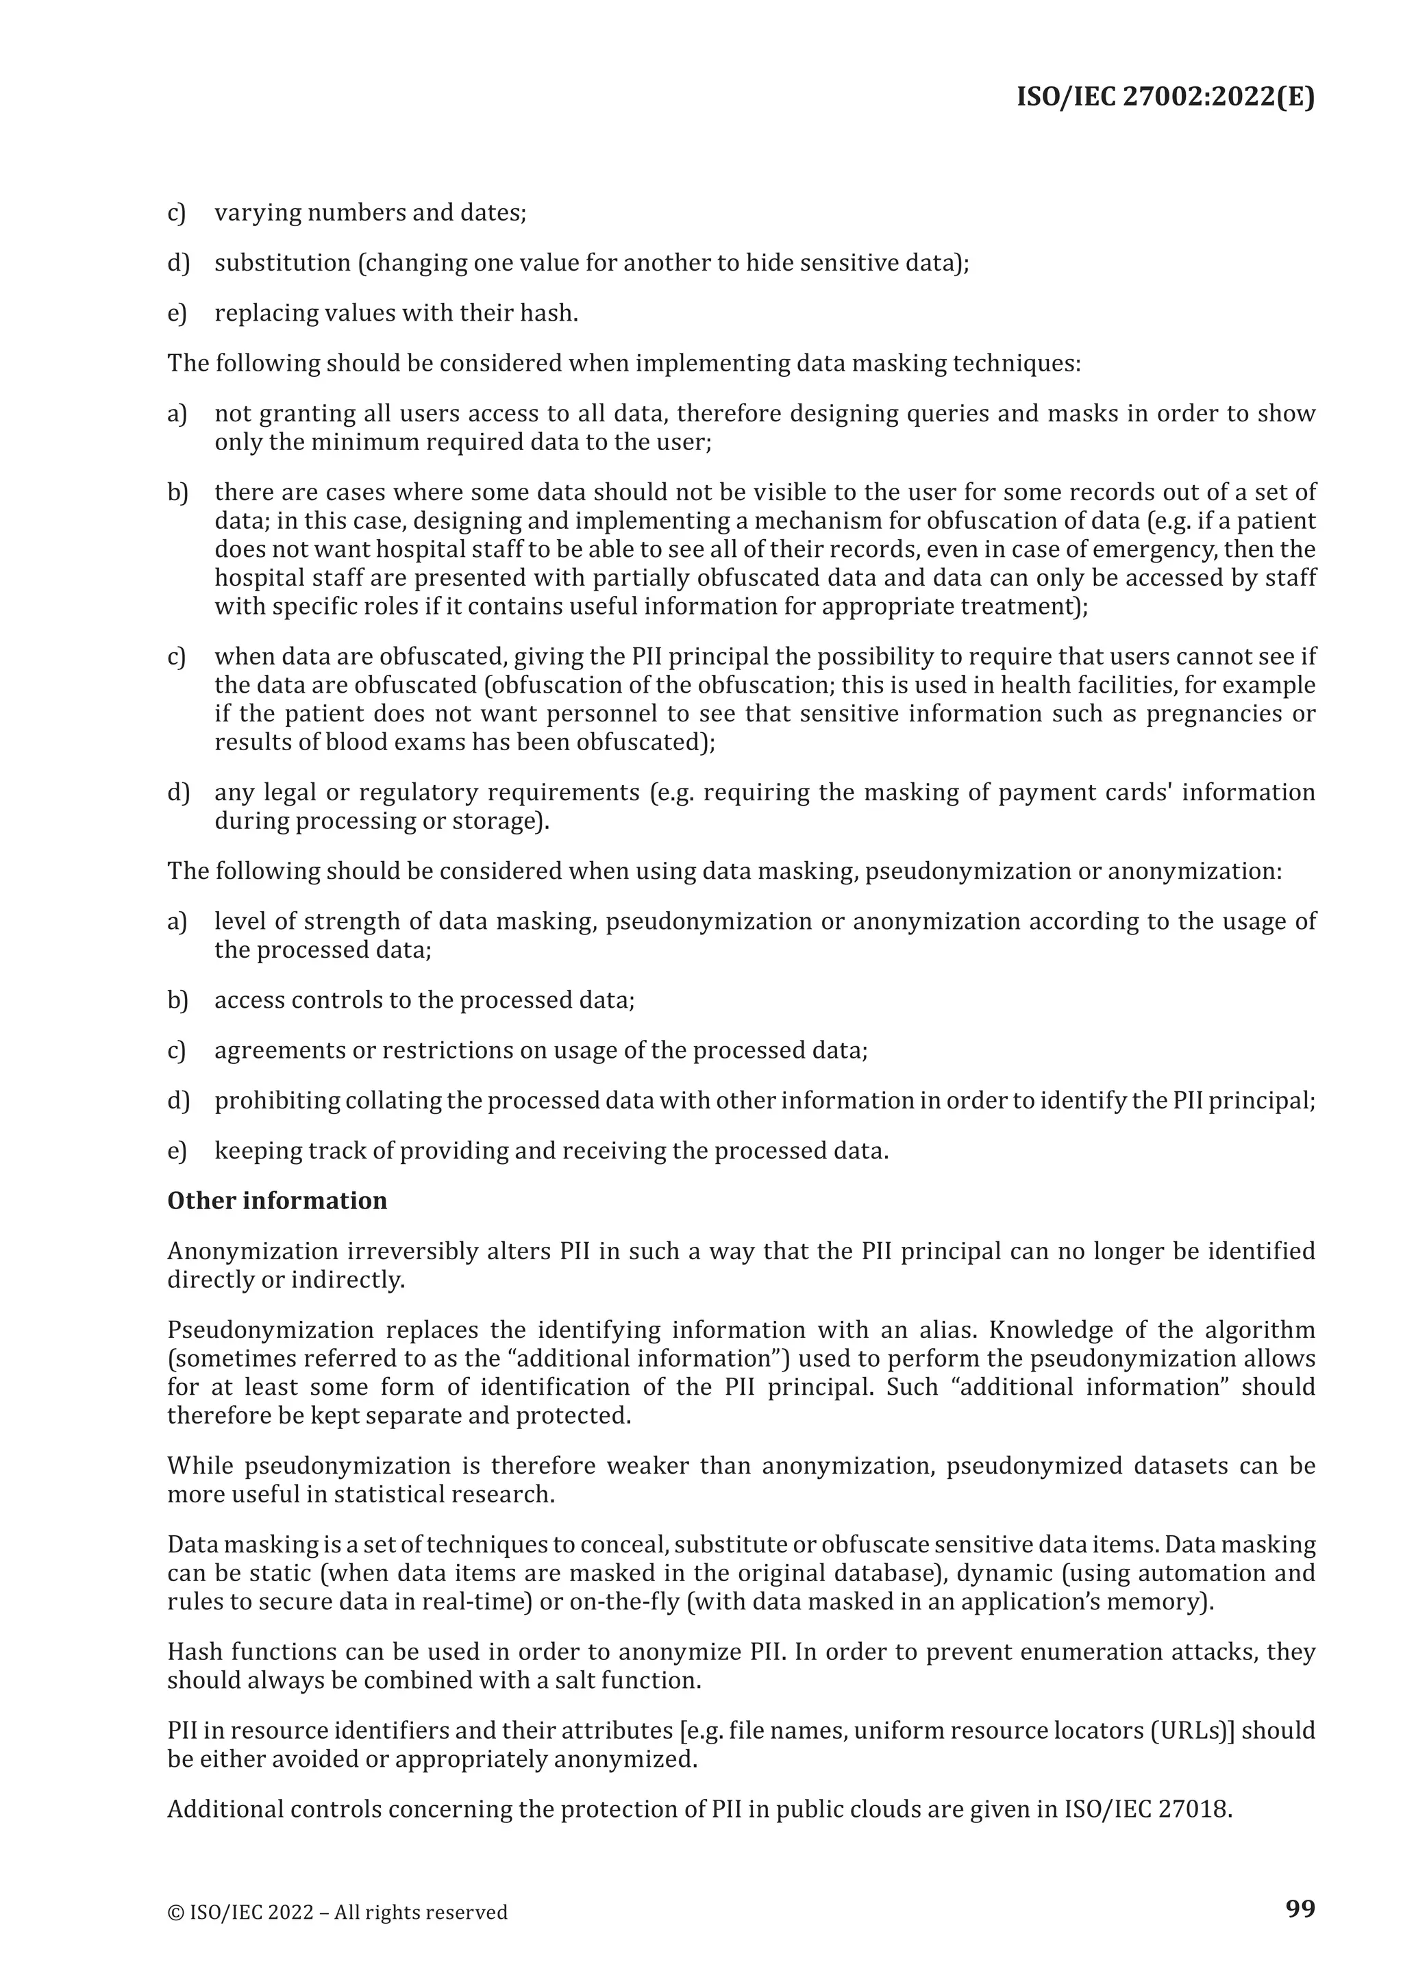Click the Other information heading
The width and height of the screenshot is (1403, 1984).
[277, 1201]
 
